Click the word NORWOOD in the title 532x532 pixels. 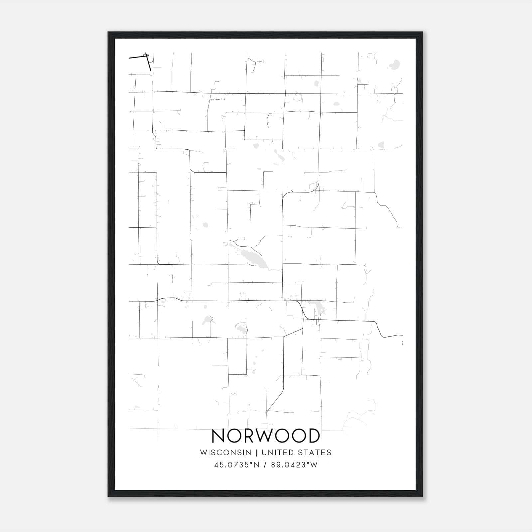[x=266, y=436]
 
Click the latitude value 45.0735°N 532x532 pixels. [x=236, y=465]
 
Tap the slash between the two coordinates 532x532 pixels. [x=265, y=465]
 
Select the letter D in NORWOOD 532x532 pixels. [x=314, y=436]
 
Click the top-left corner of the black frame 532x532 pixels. [x=108, y=32]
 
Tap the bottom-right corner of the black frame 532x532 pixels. [x=422, y=497]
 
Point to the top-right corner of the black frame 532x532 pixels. [x=422, y=32]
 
